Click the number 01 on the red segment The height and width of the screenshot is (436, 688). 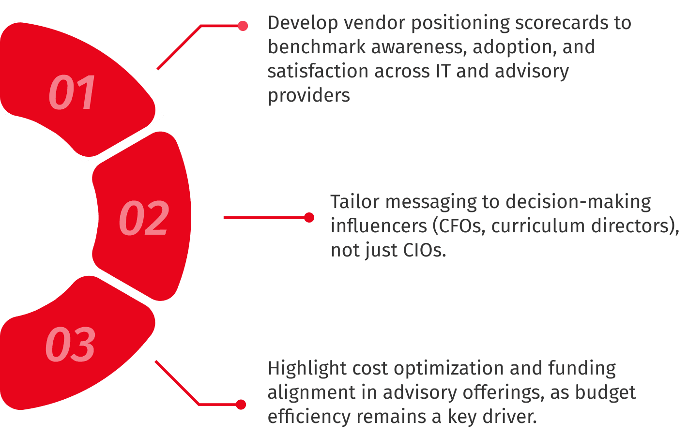tap(73, 92)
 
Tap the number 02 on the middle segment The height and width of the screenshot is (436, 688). tap(144, 218)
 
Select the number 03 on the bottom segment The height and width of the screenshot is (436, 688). tap(70, 344)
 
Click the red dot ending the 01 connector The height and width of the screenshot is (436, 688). tap(243, 26)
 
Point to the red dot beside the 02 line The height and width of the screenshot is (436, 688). tap(309, 217)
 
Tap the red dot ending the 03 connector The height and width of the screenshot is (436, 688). tap(241, 405)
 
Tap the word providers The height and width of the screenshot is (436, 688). tap(309, 95)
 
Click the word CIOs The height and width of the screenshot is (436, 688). tap(424, 250)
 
